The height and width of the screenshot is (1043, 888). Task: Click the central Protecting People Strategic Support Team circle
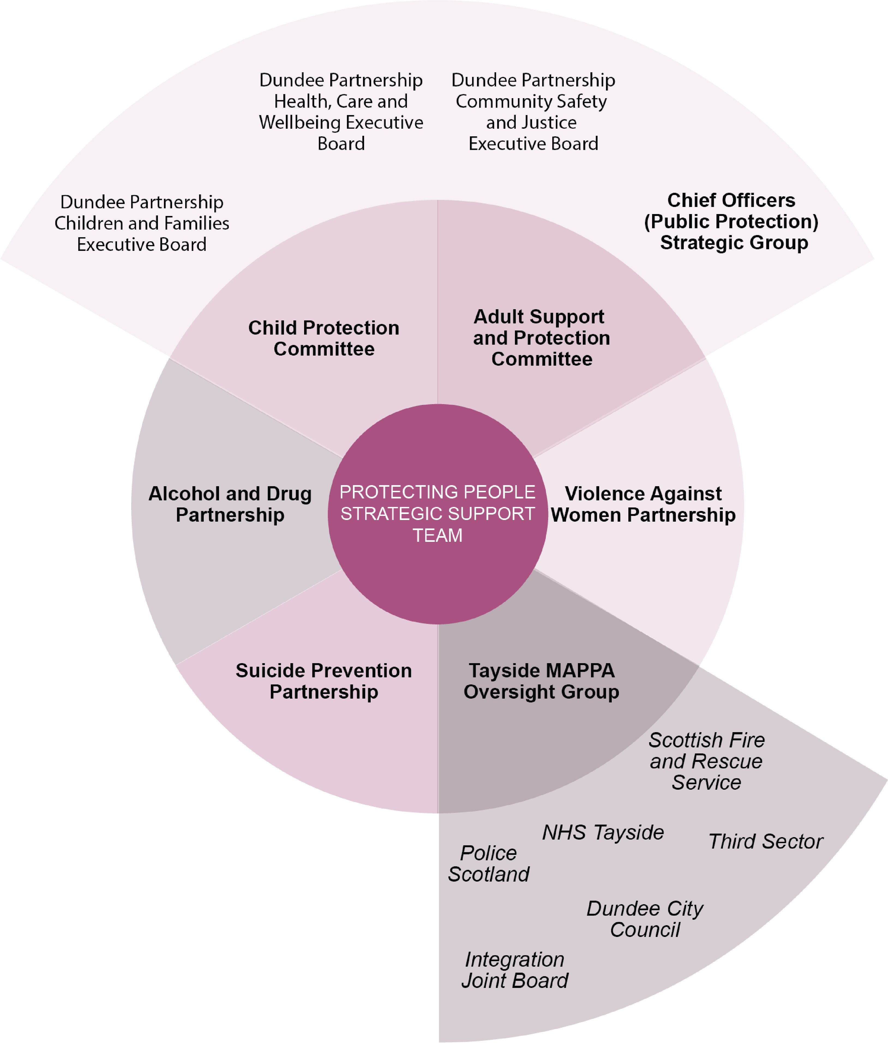(437, 513)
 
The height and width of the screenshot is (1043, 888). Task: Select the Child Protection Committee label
(324, 338)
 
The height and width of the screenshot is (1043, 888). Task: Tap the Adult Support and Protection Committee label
(541, 338)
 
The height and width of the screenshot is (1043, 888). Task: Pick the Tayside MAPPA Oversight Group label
(541, 681)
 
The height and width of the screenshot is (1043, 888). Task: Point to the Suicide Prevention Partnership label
(324, 681)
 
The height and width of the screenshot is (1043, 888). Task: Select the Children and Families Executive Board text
(142, 223)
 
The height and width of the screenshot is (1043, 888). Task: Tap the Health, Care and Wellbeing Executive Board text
(341, 112)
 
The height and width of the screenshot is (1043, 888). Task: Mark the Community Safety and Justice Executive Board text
(533, 112)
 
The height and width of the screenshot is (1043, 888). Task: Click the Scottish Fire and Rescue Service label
(706, 761)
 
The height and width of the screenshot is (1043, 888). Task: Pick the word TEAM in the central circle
(437, 535)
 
